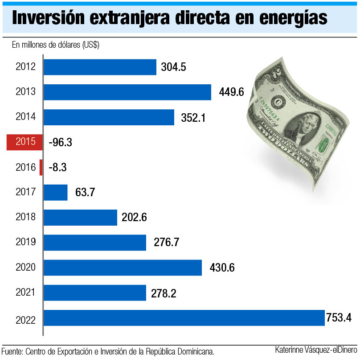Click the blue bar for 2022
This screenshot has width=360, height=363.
pyautogui.click(x=184, y=318)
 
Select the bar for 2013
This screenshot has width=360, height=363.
pyautogui.click(x=127, y=92)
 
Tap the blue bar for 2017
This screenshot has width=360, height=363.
pyautogui.click(x=56, y=193)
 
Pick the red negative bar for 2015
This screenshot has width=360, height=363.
pyautogui.click(x=25, y=142)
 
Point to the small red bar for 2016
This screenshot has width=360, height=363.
pyautogui.click(x=41, y=167)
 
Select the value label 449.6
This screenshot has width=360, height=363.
pyautogui.click(x=232, y=92)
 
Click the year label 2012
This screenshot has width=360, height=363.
pyautogui.click(x=25, y=67)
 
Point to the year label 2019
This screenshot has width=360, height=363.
pyautogui.click(x=25, y=243)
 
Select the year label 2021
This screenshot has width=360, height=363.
pyautogui.click(x=25, y=293)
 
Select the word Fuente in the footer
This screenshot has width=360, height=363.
pyautogui.click(x=12, y=351)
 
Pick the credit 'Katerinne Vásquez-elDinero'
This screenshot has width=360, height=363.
pyautogui.click(x=316, y=351)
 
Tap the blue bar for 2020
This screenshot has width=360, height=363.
pyautogui.click(x=123, y=268)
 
